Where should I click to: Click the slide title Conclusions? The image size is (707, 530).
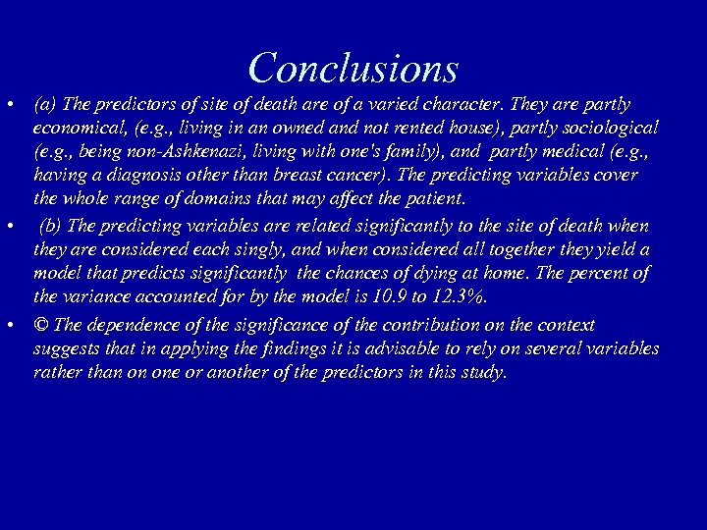353,67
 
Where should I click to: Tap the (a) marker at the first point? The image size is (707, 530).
43,104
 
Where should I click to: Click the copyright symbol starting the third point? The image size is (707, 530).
41,325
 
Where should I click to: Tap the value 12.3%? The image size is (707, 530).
458,297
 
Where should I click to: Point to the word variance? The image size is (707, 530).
96,297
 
